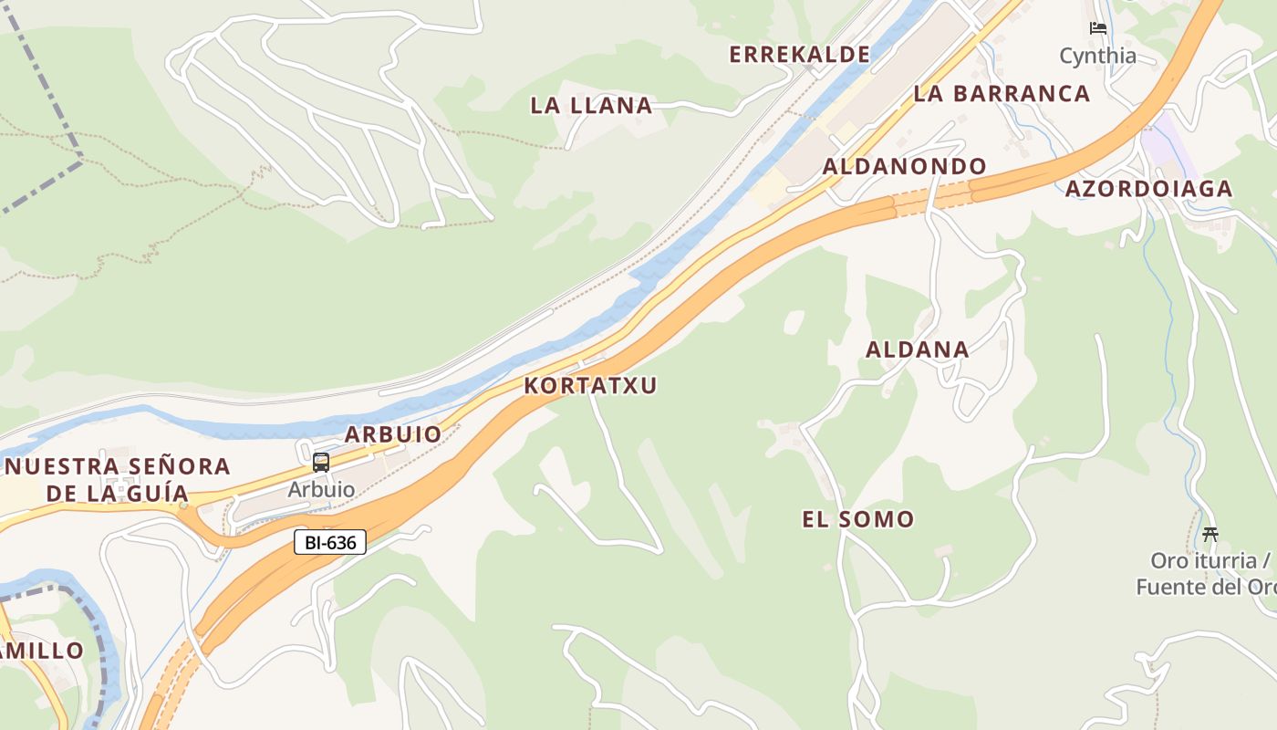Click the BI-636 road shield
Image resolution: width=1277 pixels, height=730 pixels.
pyautogui.click(x=330, y=543)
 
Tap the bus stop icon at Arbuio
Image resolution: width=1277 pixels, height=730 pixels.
pyautogui.click(x=321, y=462)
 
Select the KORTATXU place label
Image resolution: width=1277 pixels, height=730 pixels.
pyautogui.click(x=590, y=385)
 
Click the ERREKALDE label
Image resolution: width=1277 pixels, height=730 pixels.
pyautogui.click(x=799, y=55)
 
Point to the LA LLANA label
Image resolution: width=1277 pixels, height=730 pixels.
pyautogui.click(x=591, y=106)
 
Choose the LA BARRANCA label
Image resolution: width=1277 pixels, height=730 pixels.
pyautogui.click(x=1002, y=93)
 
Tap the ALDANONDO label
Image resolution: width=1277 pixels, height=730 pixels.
pyautogui.click(x=904, y=166)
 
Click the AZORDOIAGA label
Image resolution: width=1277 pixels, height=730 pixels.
pyautogui.click(x=1148, y=189)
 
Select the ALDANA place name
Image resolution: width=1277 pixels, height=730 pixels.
pyautogui.click(x=917, y=349)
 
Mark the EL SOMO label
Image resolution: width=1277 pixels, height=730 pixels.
pyautogui.click(x=857, y=520)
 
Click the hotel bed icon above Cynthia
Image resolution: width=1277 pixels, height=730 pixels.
pyautogui.click(x=1098, y=28)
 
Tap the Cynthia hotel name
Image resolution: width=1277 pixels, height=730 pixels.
pyautogui.click(x=1098, y=56)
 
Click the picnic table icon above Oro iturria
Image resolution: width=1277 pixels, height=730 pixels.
pyautogui.click(x=1210, y=534)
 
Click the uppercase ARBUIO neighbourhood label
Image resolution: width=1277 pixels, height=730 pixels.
pyautogui.click(x=393, y=434)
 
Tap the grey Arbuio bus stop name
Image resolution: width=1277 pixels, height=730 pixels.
pyautogui.click(x=321, y=489)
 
